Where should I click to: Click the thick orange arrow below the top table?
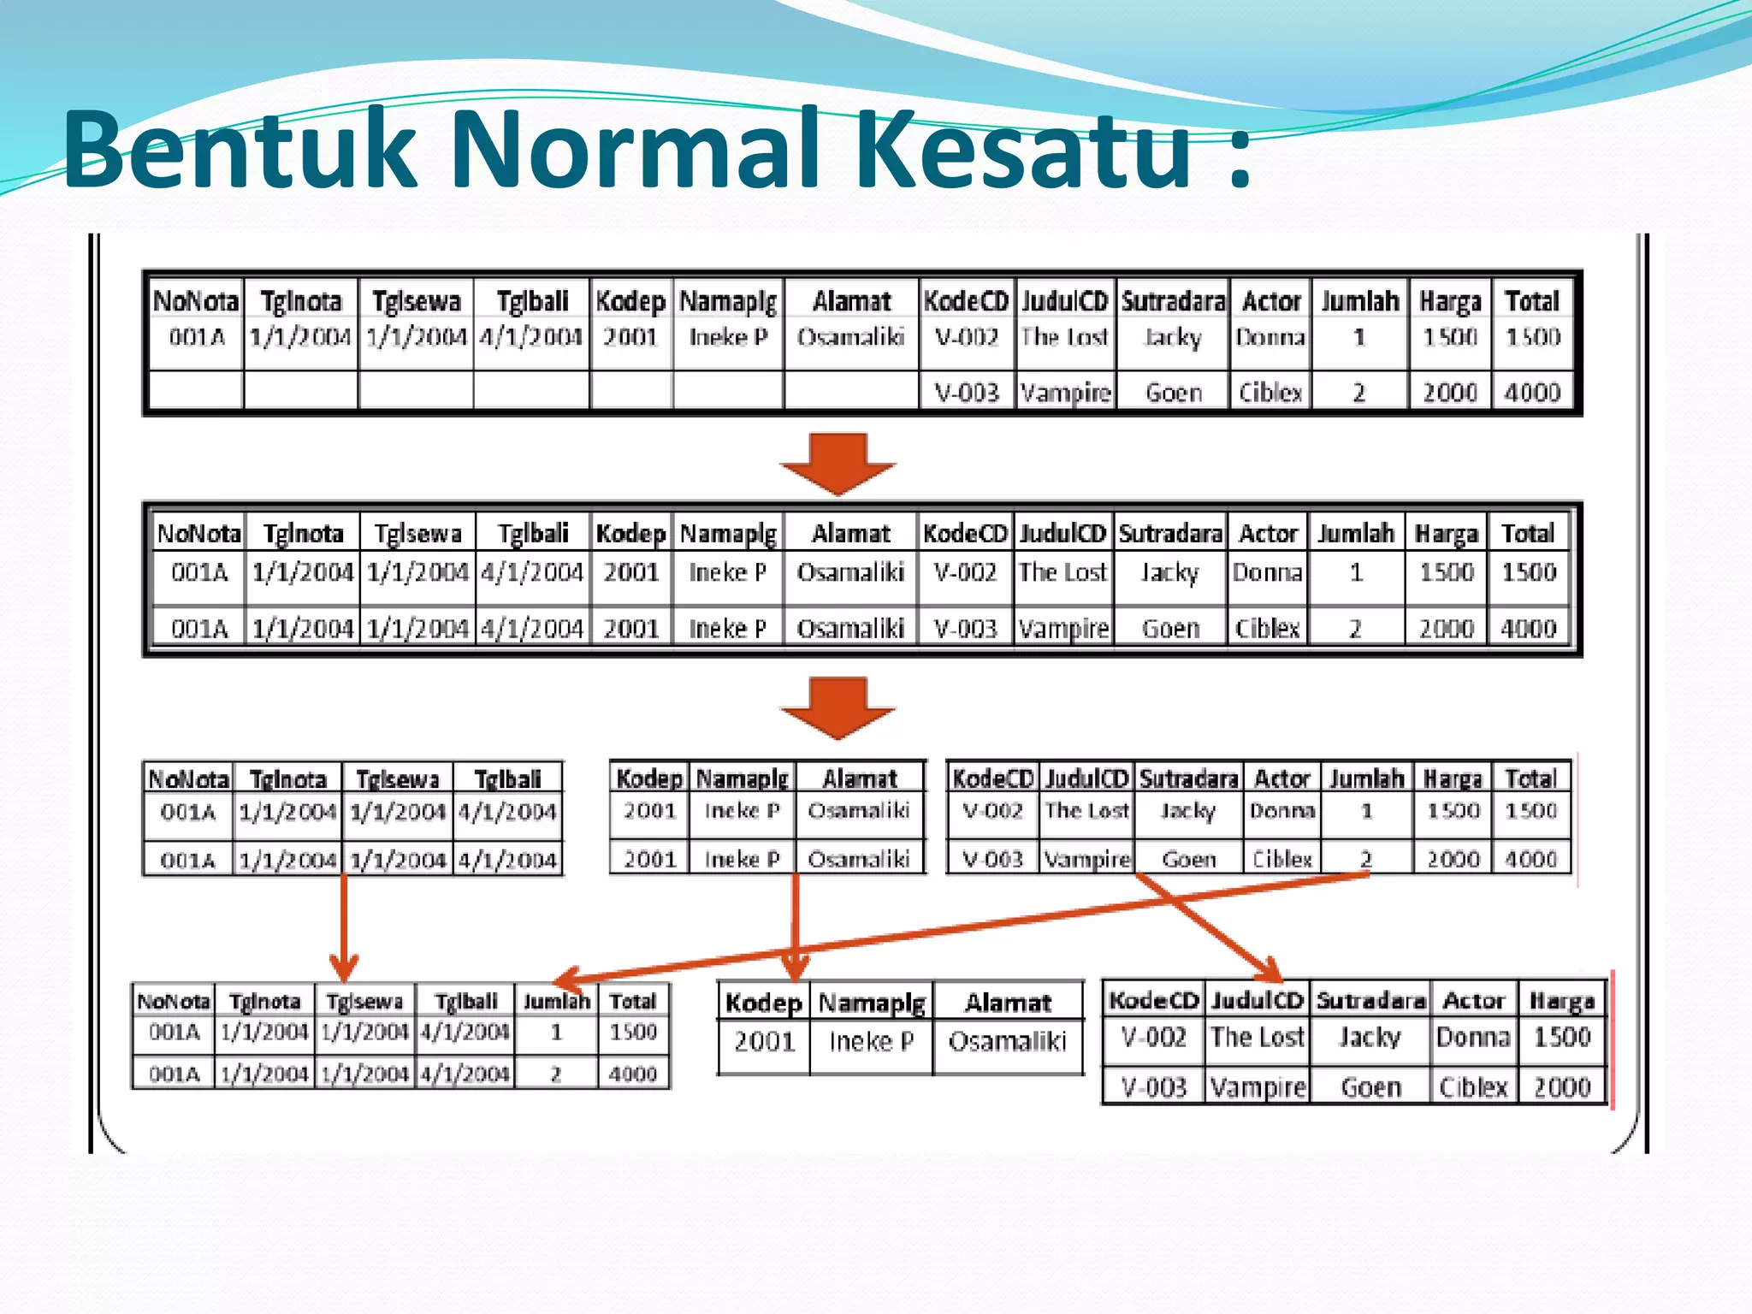tap(838, 464)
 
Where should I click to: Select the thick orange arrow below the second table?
tap(838, 707)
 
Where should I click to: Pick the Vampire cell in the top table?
tap(1065, 393)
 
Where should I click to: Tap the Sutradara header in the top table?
tap(1173, 301)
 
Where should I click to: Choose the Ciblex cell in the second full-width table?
tap(1268, 629)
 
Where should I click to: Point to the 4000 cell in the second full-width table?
tap(1529, 629)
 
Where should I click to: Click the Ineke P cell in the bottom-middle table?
tap(871, 1041)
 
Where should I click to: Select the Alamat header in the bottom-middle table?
tap(1008, 1002)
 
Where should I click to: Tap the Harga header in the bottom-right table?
tap(1562, 1000)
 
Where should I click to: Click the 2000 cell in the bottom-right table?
tap(1562, 1086)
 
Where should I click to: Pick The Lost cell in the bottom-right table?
tap(1257, 1037)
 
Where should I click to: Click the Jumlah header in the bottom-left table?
tap(556, 1001)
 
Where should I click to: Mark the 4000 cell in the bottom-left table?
tap(633, 1074)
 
